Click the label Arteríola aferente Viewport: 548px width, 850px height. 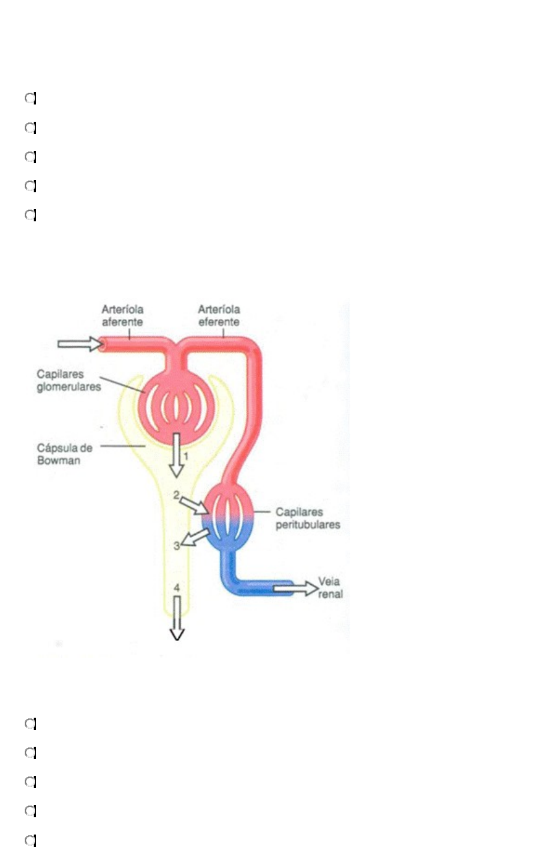pos(122,315)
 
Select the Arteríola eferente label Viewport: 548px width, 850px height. pos(219,315)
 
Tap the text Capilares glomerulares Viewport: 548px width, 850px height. pos(69,381)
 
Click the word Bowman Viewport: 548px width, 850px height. pos(59,461)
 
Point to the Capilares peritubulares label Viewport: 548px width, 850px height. pos(308,518)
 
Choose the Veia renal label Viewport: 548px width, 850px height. pos(331,588)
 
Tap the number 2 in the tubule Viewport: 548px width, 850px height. pos(176,495)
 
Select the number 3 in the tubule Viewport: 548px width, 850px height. pos(176,545)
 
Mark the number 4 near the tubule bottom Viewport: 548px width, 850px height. pos(177,588)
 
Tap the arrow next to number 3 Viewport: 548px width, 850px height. pos(197,537)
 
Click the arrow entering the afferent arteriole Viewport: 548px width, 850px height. pos(80,343)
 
